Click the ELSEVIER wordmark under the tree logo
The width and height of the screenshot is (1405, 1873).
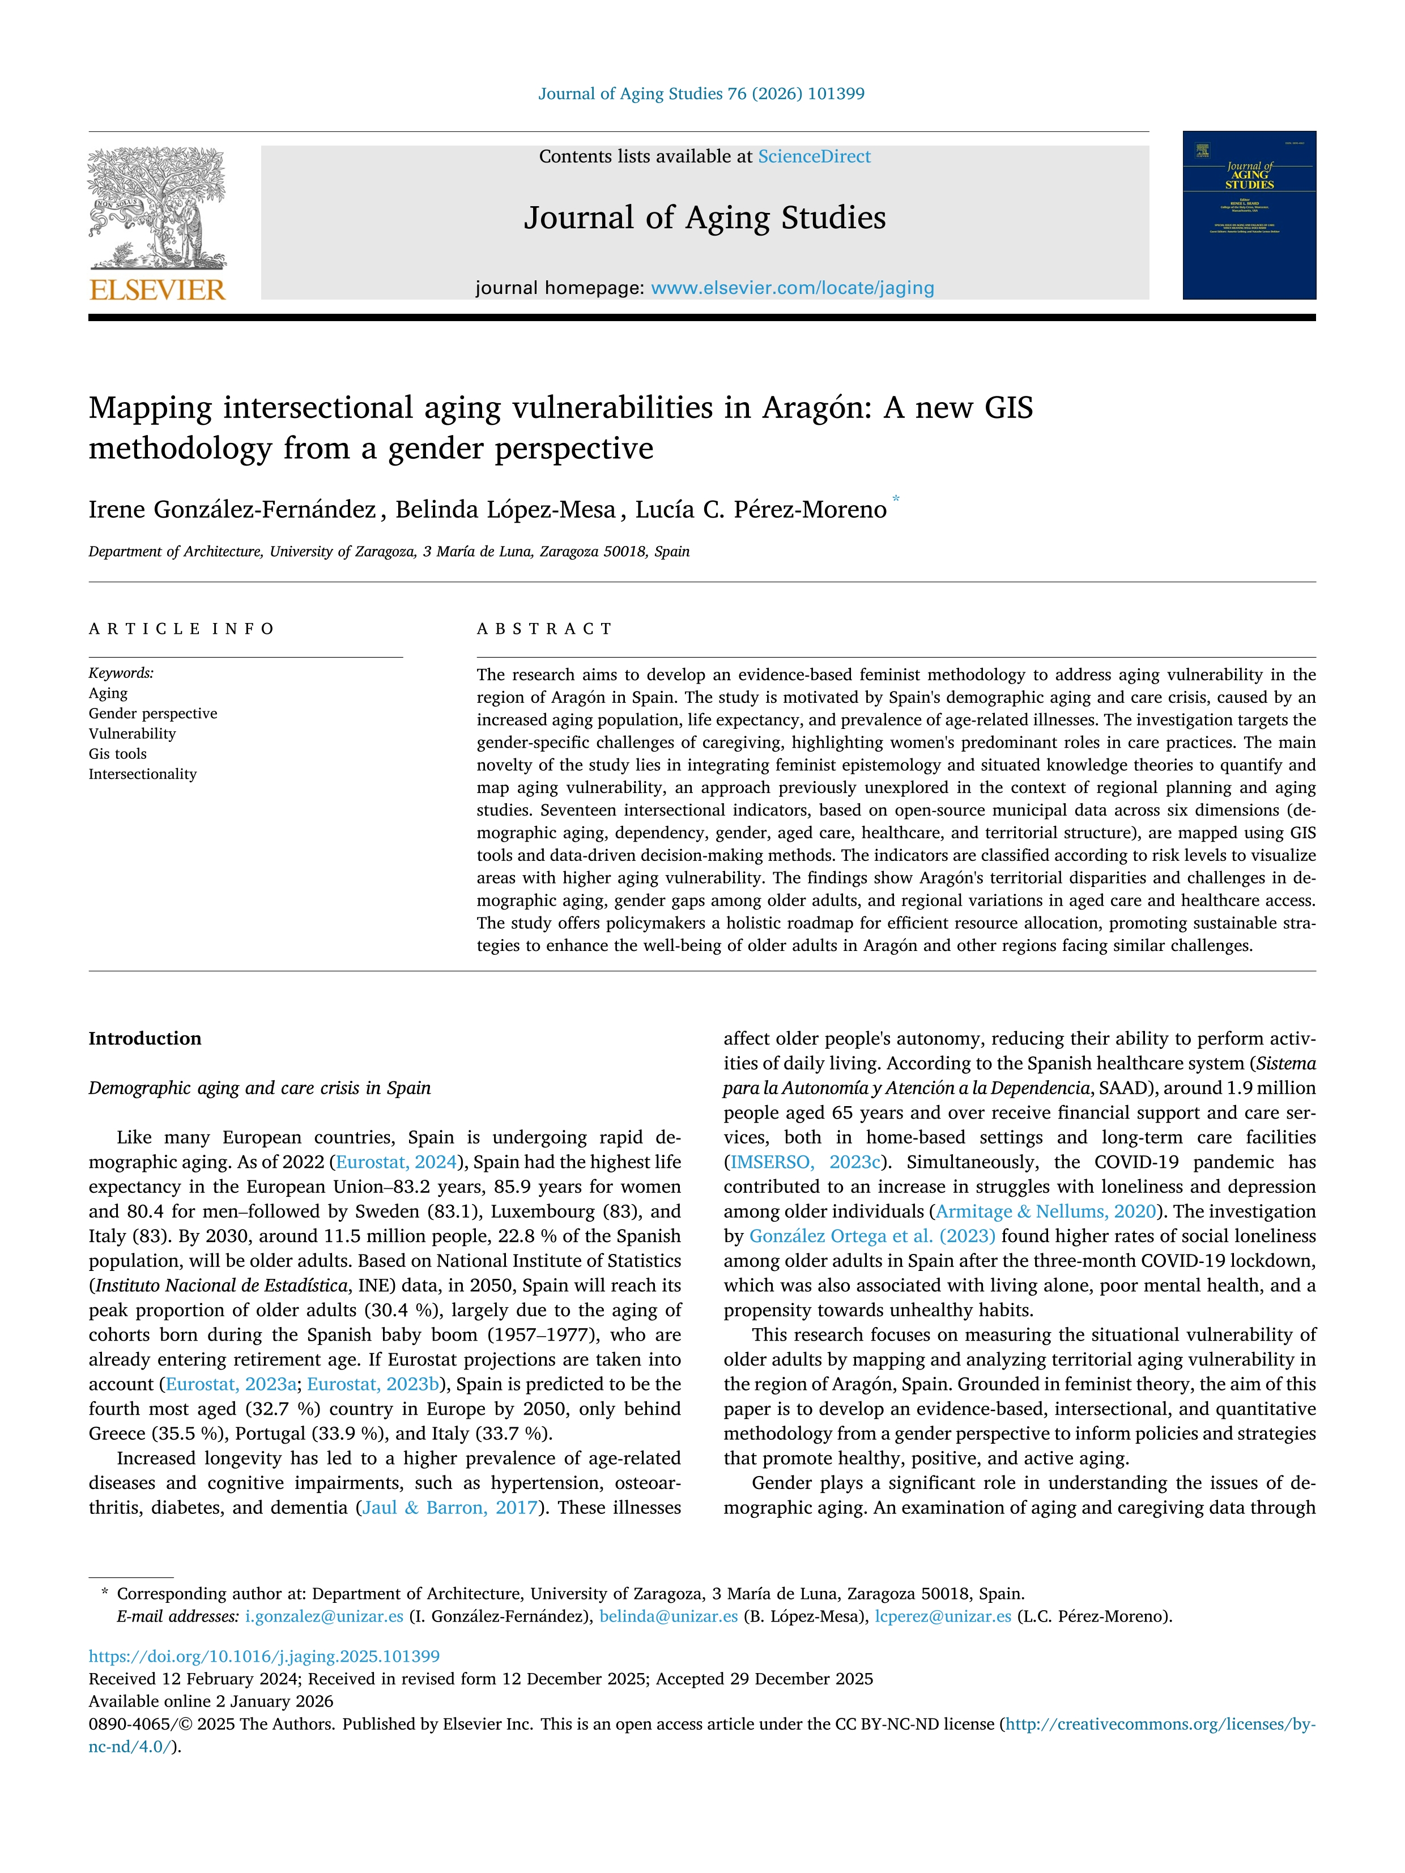(157, 291)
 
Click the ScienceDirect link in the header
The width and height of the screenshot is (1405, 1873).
(814, 157)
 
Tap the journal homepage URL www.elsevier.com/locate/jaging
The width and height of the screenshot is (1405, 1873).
(792, 288)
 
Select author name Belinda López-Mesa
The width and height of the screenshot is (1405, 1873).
(505, 510)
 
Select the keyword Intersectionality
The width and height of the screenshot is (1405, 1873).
(142, 774)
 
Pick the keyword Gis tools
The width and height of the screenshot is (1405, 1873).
(118, 754)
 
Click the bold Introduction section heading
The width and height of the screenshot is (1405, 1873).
(145, 1039)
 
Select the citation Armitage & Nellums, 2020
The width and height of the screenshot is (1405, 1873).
(1046, 1211)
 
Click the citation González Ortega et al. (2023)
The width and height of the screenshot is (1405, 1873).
(871, 1236)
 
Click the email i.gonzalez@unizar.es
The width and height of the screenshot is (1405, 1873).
(323, 1616)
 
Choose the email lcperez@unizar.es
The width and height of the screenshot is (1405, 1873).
(943, 1616)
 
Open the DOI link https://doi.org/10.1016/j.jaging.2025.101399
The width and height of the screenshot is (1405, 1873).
(264, 1656)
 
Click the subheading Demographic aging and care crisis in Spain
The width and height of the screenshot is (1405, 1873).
(259, 1088)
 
